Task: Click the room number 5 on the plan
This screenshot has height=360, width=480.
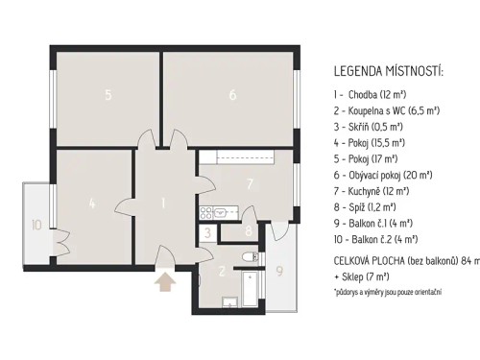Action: coord(108,94)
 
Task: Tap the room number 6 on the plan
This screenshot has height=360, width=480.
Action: coord(232,94)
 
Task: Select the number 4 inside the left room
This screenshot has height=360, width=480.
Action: coord(91,203)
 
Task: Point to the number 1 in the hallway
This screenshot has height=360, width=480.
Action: coord(164,203)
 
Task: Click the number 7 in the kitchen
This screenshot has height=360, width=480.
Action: coord(249,183)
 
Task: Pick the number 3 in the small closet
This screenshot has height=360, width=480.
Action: coord(206,231)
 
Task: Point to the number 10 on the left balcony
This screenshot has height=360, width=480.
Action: coord(36,227)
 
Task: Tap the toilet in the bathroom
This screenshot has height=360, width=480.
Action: coord(248,257)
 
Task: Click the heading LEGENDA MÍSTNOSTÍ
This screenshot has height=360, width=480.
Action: coord(388,72)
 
